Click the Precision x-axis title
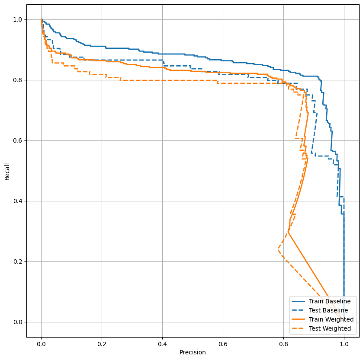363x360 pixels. click(x=193, y=352)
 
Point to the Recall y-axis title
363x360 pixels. click(x=7, y=171)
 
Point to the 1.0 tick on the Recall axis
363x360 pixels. click(x=19, y=19)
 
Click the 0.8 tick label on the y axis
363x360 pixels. click(x=19, y=80)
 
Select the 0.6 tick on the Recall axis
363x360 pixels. click(x=19, y=140)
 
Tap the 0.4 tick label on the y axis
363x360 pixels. click(x=19, y=201)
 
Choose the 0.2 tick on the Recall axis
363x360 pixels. click(x=19, y=261)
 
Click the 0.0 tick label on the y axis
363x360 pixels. click(x=19, y=322)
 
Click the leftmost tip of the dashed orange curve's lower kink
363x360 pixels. click(x=278, y=250)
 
